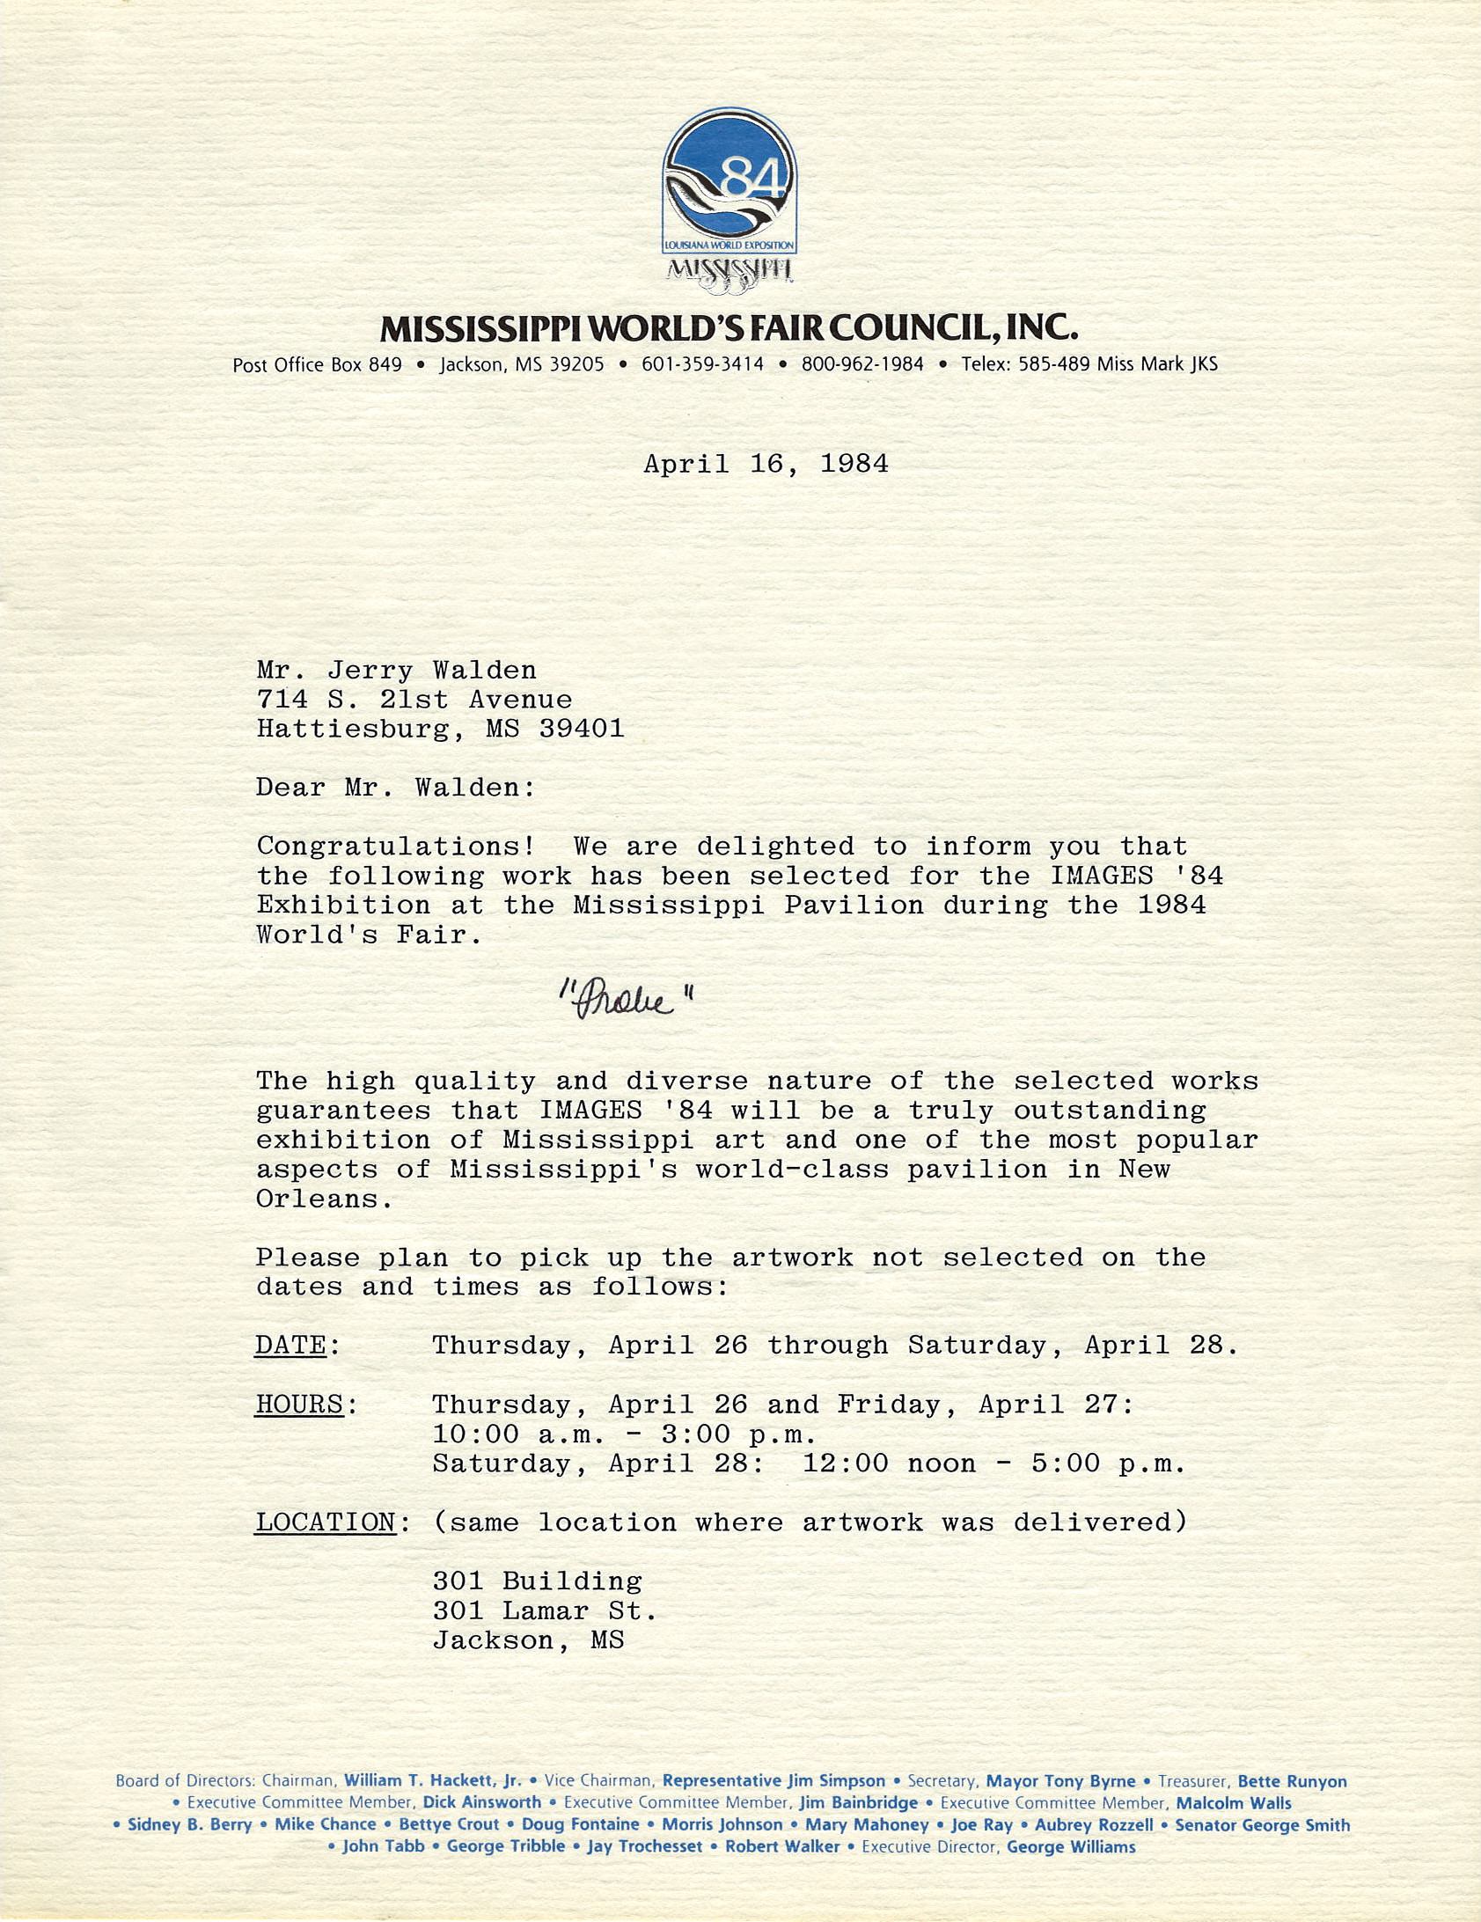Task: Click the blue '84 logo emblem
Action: pyautogui.click(x=730, y=185)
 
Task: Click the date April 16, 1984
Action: pyautogui.click(x=766, y=464)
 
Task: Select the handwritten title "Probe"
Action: pyautogui.click(x=626, y=1000)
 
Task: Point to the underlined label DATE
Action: pyautogui.click(x=290, y=1346)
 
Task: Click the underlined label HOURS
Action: pyautogui.click(x=299, y=1405)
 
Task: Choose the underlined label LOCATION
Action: pyautogui.click(x=326, y=1522)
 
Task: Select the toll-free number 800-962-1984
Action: pyautogui.click(x=861, y=364)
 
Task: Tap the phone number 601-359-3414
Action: pyautogui.click(x=702, y=364)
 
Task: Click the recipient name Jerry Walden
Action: pyautogui.click(x=431, y=671)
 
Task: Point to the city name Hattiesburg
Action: pyautogui.click(x=352, y=729)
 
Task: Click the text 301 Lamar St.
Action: pyautogui.click(x=544, y=1610)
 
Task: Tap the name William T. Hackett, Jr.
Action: pyautogui.click(x=433, y=1781)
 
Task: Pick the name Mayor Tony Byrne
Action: pyautogui.click(x=1060, y=1781)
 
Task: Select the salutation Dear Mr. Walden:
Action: pyautogui.click(x=395, y=788)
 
